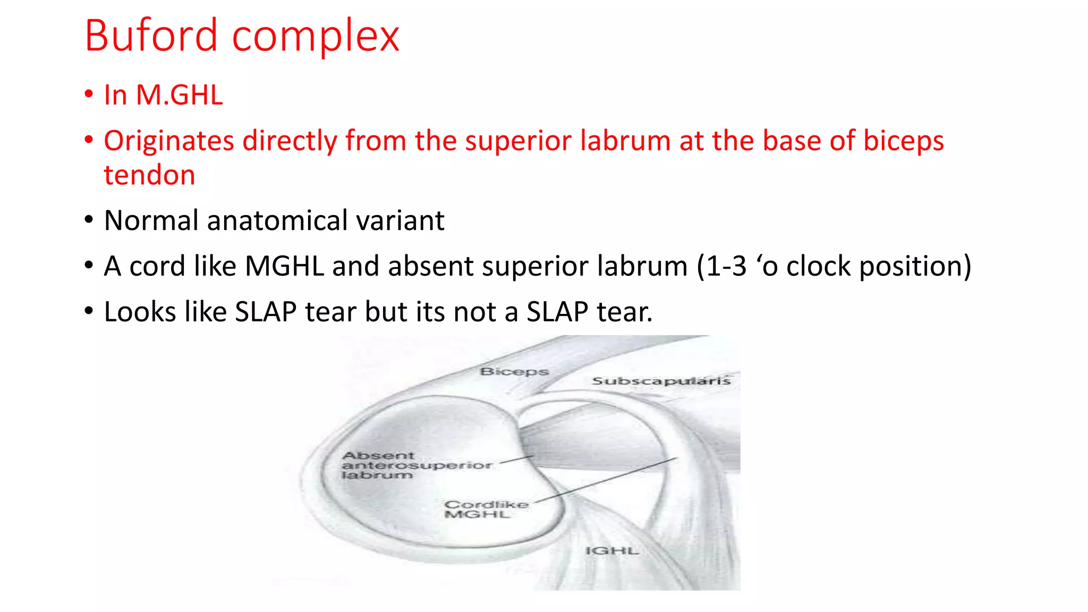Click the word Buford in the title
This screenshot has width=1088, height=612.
(x=151, y=36)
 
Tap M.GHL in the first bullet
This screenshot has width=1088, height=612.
(x=179, y=95)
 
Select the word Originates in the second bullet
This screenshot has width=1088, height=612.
(x=169, y=141)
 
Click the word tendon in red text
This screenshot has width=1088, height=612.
(x=149, y=175)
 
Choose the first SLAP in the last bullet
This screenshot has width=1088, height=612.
(x=266, y=312)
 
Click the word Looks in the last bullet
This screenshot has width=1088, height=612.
(x=140, y=312)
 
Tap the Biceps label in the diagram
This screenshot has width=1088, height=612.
(x=514, y=371)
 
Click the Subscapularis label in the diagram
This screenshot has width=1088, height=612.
(x=661, y=381)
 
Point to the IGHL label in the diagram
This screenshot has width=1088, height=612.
(x=612, y=551)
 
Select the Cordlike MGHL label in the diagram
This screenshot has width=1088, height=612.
(x=485, y=509)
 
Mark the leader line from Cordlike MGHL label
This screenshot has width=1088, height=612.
(x=606, y=480)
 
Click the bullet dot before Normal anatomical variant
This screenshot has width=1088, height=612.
(x=89, y=220)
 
